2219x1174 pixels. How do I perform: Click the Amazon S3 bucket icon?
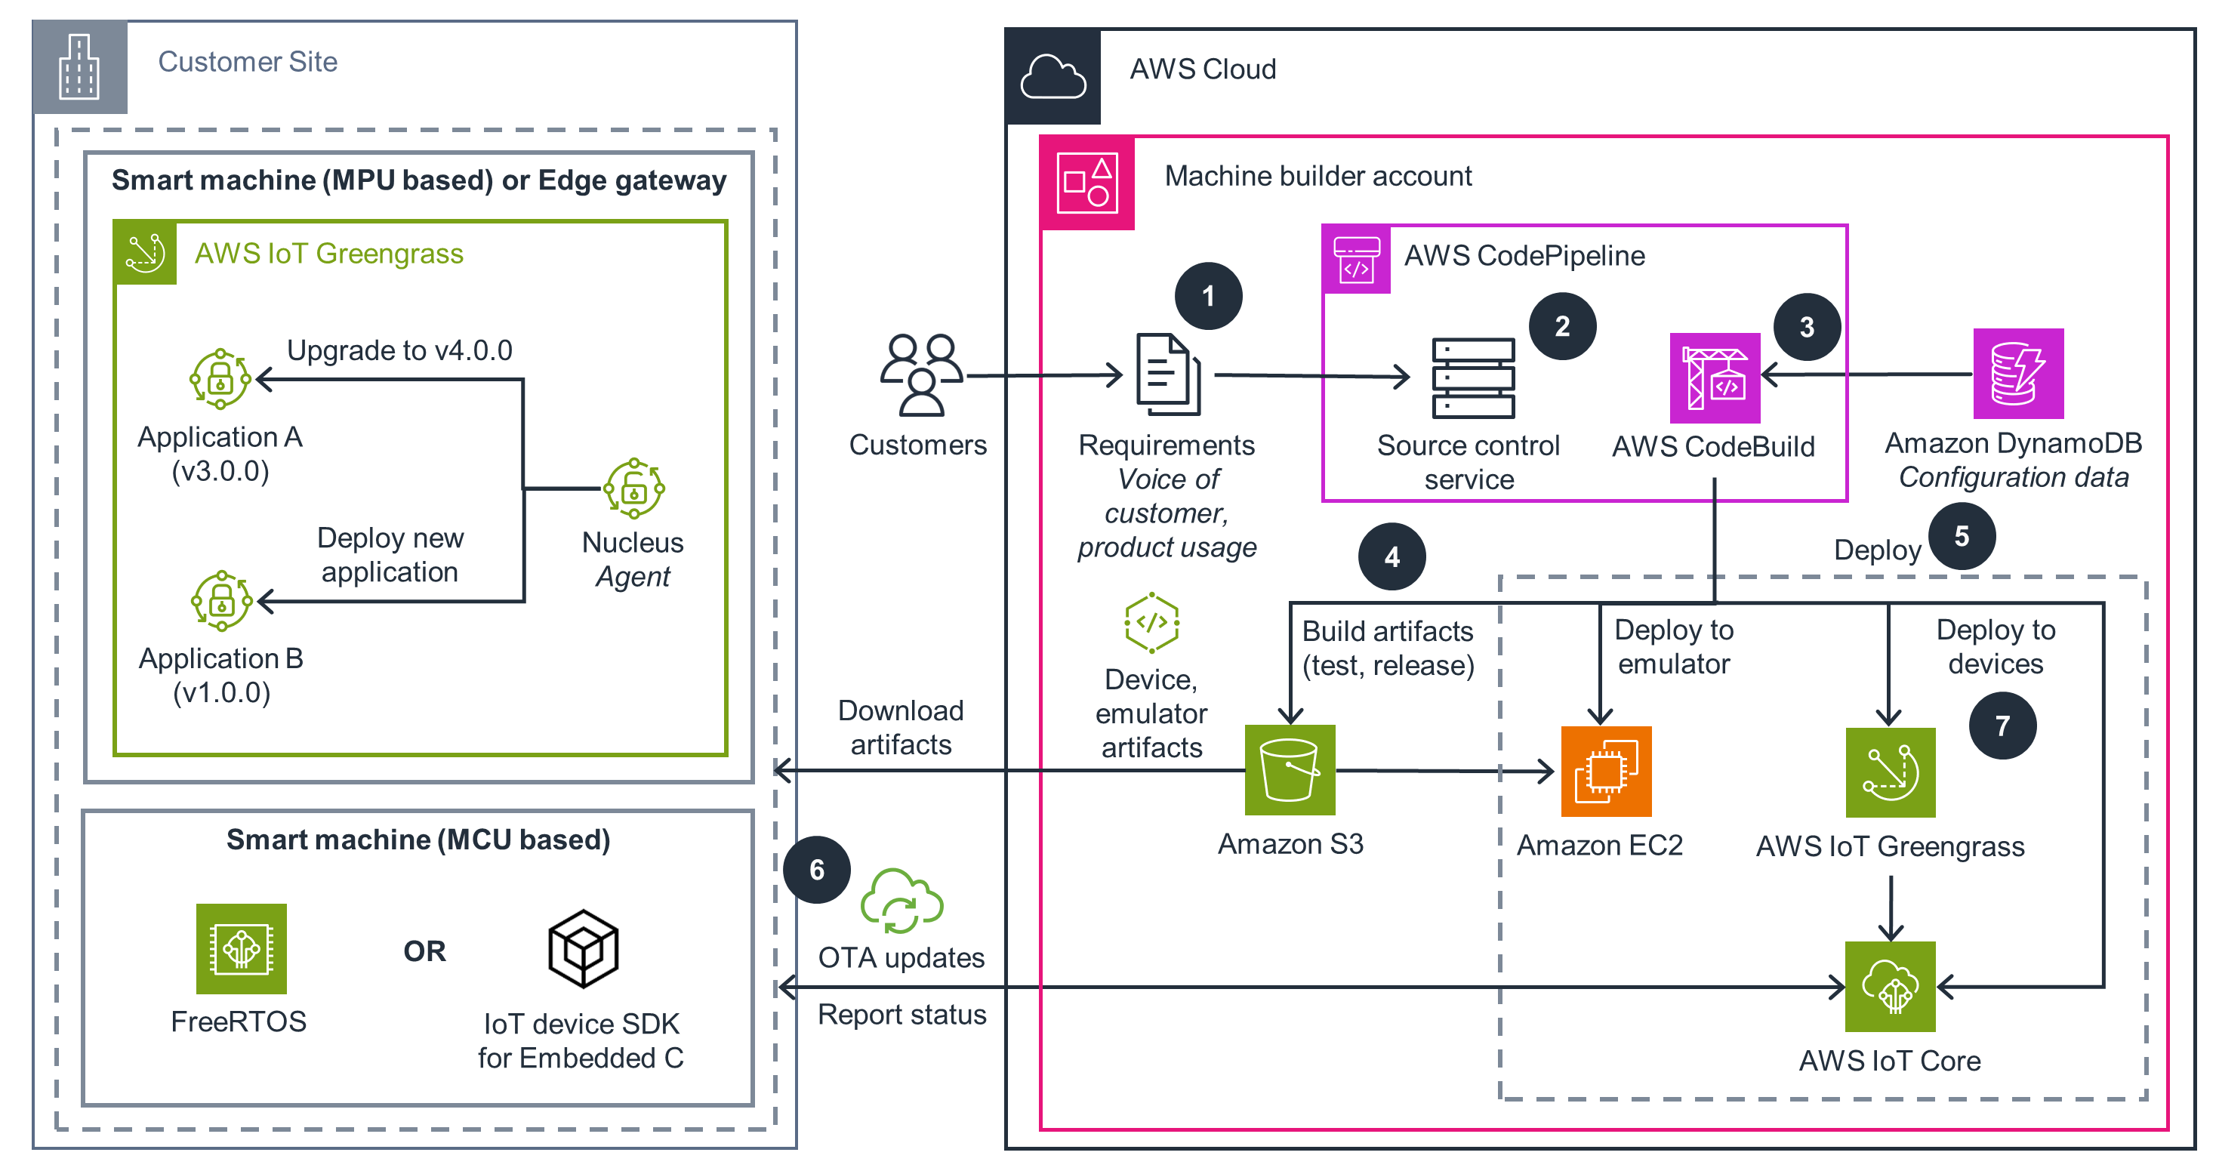click(1290, 769)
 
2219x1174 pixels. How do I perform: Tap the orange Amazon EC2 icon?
click(1606, 771)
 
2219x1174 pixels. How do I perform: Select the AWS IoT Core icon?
click(1890, 986)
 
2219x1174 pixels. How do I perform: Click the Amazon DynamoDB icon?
click(2017, 373)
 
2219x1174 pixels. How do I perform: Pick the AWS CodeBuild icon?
click(1714, 378)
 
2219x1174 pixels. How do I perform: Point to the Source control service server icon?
click(1473, 378)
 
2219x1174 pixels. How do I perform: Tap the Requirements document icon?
click(1168, 374)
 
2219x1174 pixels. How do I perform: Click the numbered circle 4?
click(1391, 557)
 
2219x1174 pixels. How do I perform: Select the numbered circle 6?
click(817, 870)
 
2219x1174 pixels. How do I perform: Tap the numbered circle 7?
click(2002, 726)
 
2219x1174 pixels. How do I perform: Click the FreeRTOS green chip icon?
click(241, 948)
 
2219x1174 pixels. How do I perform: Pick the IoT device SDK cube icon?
click(583, 948)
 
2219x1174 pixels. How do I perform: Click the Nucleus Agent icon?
click(634, 489)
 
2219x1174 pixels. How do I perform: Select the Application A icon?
click(220, 379)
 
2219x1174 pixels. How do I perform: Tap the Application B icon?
click(221, 600)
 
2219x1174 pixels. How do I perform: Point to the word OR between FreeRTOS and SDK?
click(424, 951)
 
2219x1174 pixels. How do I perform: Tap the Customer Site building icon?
click(79, 67)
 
